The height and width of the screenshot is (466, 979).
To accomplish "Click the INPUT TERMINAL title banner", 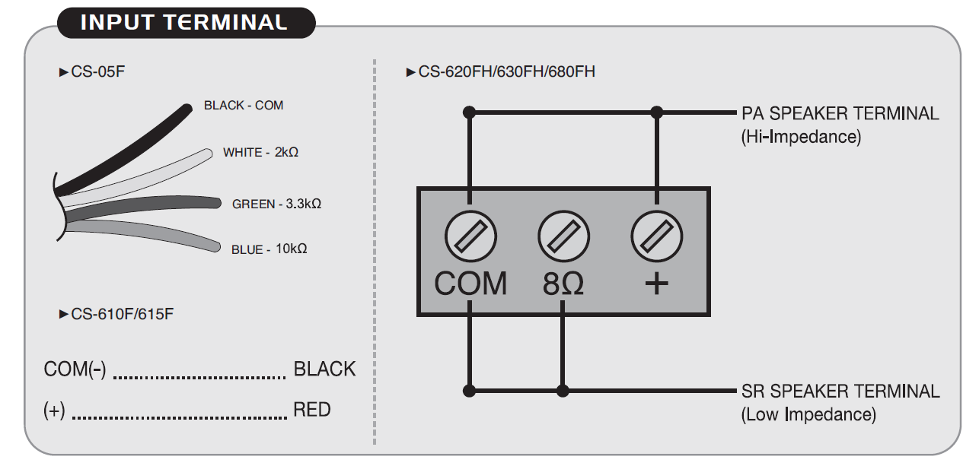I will click(x=185, y=22).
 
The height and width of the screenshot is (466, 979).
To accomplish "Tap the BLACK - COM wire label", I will click(x=244, y=106).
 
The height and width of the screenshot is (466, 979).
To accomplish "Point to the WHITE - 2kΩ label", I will click(x=260, y=152).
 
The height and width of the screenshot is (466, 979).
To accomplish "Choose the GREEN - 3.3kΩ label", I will click(x=276, y=204).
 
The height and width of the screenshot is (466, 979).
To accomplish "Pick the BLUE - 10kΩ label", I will click(x=269, y=249).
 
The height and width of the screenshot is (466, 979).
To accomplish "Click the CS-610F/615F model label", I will click(x=122, y=313).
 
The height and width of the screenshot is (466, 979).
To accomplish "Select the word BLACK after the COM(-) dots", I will click(x=324, y=369).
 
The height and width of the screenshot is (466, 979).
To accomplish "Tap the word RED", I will click(x=312, y=411).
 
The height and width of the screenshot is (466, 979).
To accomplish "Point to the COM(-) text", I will click(x=75, y=369).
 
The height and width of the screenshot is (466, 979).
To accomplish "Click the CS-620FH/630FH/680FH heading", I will click(x=506, y=72).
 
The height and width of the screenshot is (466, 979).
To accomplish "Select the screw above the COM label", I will click(x=470, y=236).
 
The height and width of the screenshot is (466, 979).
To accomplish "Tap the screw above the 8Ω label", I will click(x=563, y=236).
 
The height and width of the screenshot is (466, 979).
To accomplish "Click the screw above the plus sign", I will click(x=656, y=236).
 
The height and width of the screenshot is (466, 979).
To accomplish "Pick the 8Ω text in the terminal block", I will click(x=563, y=283).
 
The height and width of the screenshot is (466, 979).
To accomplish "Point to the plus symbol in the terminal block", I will click(x=656, y=284).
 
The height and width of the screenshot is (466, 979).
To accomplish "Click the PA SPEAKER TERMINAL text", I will click(x=840, y=114).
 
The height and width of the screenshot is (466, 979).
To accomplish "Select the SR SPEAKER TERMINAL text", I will click(x=840, y=392).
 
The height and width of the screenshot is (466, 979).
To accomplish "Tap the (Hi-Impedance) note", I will click(x=801, y=138).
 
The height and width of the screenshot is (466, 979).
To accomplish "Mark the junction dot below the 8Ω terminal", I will click(x=563, y=391).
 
